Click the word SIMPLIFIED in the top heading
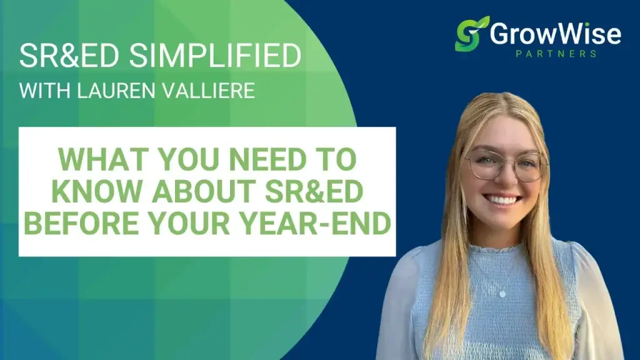point(216,57)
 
